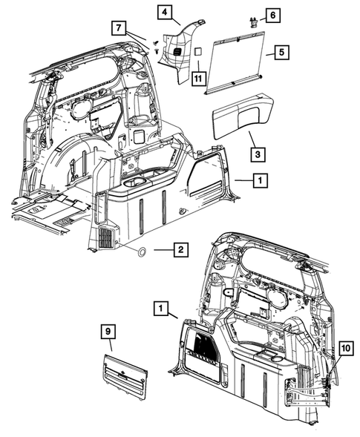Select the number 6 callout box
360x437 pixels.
click(272, 15)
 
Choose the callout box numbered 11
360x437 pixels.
click(198, 76)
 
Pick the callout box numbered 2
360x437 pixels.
click(179, 252)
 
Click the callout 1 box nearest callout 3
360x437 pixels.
click(259, 180)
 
